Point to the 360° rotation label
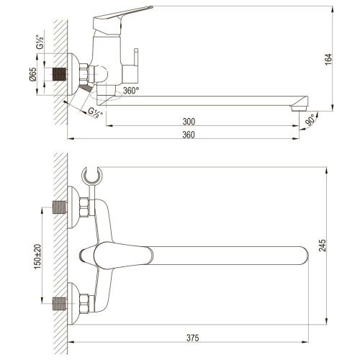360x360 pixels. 130,91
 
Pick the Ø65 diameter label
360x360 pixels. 34,73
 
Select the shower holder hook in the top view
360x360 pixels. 91,176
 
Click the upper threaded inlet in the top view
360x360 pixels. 61,209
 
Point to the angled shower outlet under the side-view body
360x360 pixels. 86,88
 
